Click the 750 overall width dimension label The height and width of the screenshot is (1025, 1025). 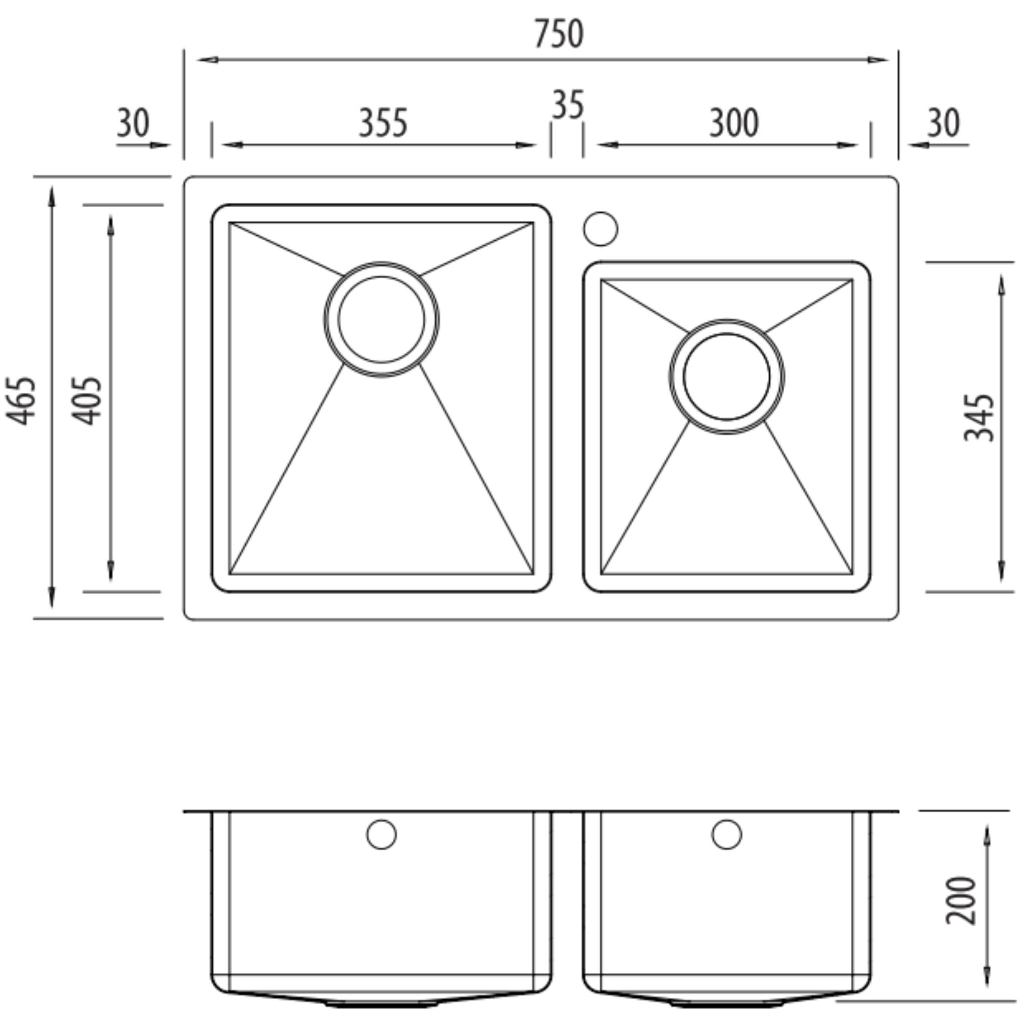[559, 34]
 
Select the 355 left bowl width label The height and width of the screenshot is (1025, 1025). [383, 123]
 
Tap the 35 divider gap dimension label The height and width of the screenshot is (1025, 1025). [568, 105]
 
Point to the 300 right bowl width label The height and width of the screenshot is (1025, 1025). [734, 123]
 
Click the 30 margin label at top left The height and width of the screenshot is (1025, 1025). [133, 123]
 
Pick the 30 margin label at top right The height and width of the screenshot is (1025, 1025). [944, 123]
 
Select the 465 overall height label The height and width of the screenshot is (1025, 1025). [21, 400]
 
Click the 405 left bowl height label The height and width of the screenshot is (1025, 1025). [87, 400]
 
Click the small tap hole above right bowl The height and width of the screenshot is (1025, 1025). [601, 229]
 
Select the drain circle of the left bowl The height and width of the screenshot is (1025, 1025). [381, 319]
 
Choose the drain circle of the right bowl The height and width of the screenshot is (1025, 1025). [727, 377]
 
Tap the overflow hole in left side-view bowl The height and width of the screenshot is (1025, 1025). [381, 834]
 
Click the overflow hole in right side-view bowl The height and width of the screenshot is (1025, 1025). [726, 834]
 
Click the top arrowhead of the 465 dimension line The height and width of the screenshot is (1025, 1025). [52, 195]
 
